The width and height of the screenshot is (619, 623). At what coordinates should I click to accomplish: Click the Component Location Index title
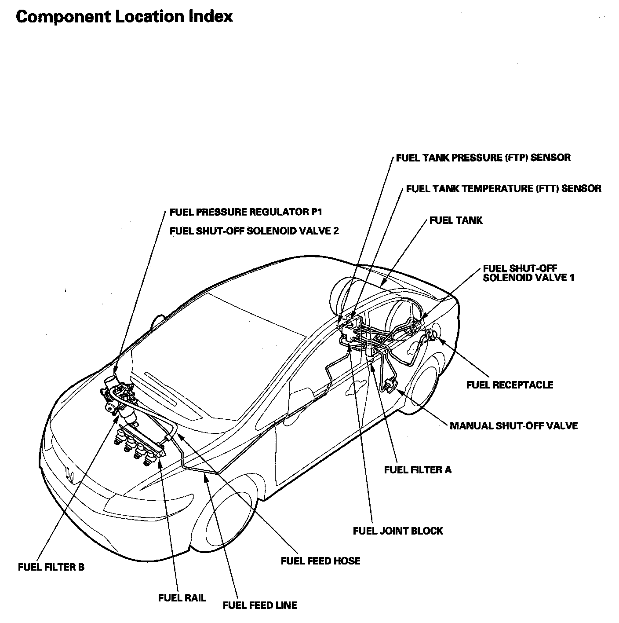124,17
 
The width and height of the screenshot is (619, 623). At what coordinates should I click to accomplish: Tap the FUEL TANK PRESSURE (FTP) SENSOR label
483,158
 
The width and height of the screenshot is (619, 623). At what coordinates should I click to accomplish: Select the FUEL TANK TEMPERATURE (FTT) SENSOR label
503,189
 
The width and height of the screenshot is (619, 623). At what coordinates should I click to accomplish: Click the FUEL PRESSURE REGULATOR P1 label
246,213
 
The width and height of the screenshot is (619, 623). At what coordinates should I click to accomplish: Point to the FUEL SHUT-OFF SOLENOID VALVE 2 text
254,231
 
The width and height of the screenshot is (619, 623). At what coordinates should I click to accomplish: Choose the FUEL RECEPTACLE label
510,385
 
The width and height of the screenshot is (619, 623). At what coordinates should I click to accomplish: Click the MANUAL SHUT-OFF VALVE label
513,425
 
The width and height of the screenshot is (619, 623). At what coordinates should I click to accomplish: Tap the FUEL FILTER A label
418,469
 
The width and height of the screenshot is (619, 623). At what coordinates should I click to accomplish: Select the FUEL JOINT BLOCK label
398,531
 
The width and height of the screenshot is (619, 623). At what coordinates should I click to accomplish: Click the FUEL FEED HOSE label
320,561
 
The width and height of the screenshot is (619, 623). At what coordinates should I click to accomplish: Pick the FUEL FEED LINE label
260,605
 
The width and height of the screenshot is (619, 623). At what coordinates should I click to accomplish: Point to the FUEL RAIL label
182,598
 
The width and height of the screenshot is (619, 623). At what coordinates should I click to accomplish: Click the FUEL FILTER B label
51,567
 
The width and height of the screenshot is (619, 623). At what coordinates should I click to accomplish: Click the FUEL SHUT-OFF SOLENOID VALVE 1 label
528,273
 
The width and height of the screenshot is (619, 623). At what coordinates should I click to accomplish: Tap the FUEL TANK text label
456,220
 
